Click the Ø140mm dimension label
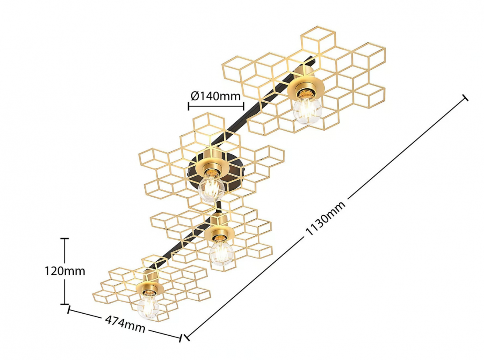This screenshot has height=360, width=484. pyautogui.click(x=215, y=96)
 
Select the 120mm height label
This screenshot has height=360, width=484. pyautogui.click(x=65, y=271)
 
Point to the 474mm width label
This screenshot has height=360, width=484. pyautogui.click(x=125, y=324)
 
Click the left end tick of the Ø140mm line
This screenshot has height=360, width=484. pyautogui.click(x=188, y=106)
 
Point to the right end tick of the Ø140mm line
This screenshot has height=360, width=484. pyautogui.click(x=243, y=106)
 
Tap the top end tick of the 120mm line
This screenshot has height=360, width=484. pyautogui.click(x=65, y=239)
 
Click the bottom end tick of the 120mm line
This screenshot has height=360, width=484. pyautogui.click(x=65, y=304)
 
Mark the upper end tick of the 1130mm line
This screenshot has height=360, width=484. pyautogui.click(x=465, y=98)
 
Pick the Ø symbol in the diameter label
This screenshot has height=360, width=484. pyautogui.click(x=195, y=96)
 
